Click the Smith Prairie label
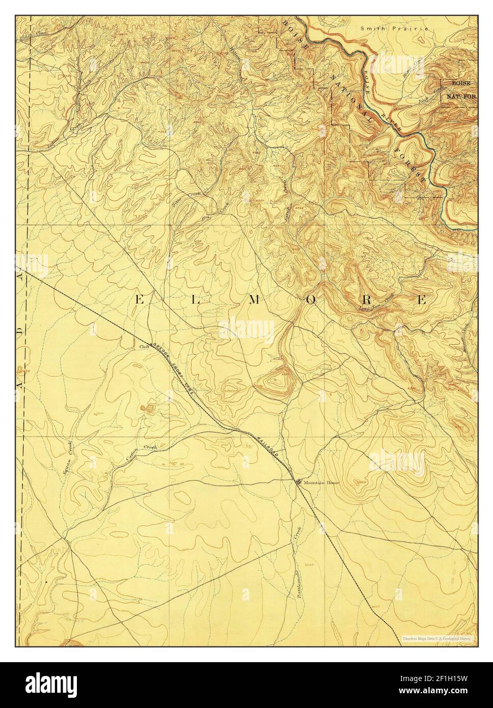[394, 29]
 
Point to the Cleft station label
[144, 347]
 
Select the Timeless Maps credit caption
[436, 638]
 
